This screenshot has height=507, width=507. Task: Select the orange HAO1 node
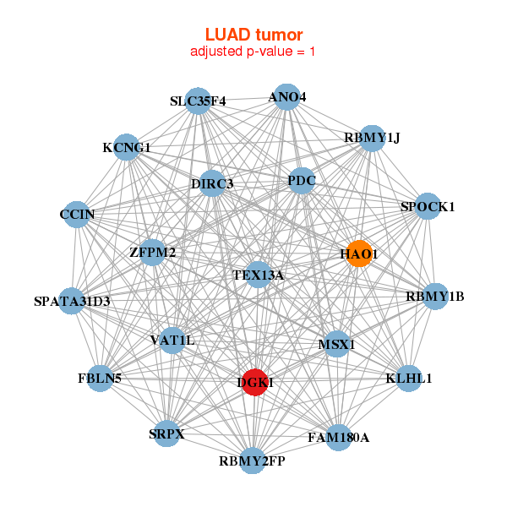[359, 253]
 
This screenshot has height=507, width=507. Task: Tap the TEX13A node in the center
[259, 275]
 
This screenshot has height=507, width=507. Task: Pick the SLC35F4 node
[198, 101]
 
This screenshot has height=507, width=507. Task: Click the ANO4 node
[286, 96]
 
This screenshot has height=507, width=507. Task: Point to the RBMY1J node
[372, 138]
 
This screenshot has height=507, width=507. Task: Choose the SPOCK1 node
[428, 206]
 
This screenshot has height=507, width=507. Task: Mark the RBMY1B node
[435, 296]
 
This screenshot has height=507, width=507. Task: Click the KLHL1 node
[409, 378]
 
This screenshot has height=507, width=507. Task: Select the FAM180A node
[338, 437]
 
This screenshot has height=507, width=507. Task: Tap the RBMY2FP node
[252, 461]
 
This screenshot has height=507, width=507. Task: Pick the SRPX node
[166, 434]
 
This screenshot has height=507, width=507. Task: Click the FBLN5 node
[100, 378]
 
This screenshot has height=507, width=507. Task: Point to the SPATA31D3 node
[72, 300]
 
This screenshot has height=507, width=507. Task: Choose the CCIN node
[77, 214]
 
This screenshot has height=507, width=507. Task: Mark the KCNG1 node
[127, 147]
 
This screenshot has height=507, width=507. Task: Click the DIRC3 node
[212, 183]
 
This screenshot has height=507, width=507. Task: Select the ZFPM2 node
[153, 252]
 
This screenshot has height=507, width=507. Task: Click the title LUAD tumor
[253, 35]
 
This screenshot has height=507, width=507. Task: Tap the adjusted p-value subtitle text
[253, 52]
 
